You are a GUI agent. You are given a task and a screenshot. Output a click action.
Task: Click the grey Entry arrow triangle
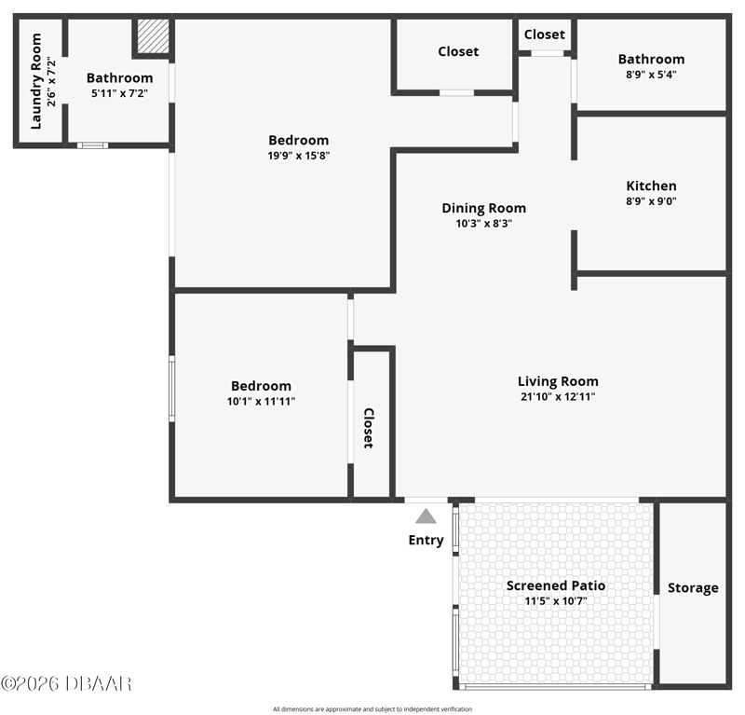point(426,516)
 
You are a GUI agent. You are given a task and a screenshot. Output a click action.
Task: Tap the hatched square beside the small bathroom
point(153,36)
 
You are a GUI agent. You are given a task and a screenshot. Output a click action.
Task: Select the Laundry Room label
point(36,81)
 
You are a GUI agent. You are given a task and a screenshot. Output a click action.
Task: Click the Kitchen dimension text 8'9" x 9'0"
point(651,200)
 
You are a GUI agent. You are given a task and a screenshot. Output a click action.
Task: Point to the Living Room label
point(558,381)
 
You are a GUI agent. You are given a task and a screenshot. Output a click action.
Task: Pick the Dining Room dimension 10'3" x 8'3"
point(483,223)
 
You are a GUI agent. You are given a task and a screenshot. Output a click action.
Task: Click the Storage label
point(693,588)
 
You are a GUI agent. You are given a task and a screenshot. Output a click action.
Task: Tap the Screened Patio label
point(555,585)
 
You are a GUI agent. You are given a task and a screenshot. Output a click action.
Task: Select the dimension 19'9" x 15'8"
point(298,155)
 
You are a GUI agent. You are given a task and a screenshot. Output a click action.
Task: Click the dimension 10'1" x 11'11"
point(261,401)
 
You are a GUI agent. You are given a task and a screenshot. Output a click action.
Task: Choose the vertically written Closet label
point(369,428)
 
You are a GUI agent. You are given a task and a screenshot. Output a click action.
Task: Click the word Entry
point(426,540)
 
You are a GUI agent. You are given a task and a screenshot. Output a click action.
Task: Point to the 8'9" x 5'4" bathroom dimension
point(651,75)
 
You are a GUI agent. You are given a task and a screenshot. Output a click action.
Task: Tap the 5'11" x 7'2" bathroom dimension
point(120,93)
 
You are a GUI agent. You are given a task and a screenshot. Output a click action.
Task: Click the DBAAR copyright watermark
point(66,683)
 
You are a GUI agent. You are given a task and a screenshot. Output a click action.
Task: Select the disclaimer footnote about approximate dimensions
point(372,708)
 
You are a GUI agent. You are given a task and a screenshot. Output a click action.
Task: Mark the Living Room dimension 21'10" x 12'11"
point(558,396)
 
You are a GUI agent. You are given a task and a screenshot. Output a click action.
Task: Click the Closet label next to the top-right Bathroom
point(545,34)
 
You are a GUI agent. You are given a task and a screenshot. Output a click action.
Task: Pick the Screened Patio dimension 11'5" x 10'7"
point(555,601)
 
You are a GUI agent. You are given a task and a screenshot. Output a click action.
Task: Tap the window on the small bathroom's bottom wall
point(92,145)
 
